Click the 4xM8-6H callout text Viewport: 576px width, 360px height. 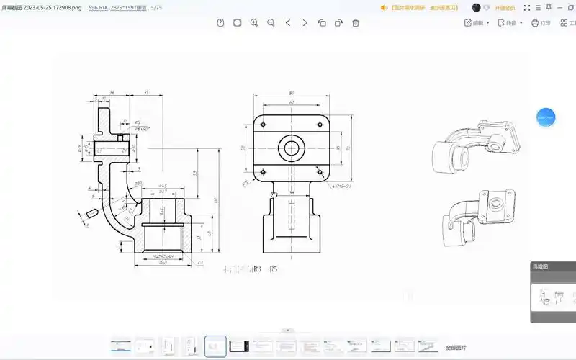(x=341, y=186)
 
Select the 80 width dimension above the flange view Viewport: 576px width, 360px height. (x=291, y=94)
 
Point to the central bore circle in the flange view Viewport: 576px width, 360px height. (x=291, y=148)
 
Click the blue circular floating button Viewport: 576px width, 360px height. (x=546, y=117)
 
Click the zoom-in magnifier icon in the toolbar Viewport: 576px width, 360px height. (x=254, y=23)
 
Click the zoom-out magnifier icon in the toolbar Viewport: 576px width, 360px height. (x=271, y=23)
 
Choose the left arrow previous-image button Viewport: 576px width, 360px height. (x=288, y=23)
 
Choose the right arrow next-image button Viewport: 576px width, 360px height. (x=305, y=23)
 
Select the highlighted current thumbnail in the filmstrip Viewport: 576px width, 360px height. (x=215, y=346)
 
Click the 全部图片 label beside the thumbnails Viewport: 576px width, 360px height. (x=456, y=347)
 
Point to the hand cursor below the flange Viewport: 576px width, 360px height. (x=274, y=193)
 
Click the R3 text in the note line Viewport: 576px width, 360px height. (x=258, y=269)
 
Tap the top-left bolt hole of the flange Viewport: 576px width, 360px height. (x=264, y=123)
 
